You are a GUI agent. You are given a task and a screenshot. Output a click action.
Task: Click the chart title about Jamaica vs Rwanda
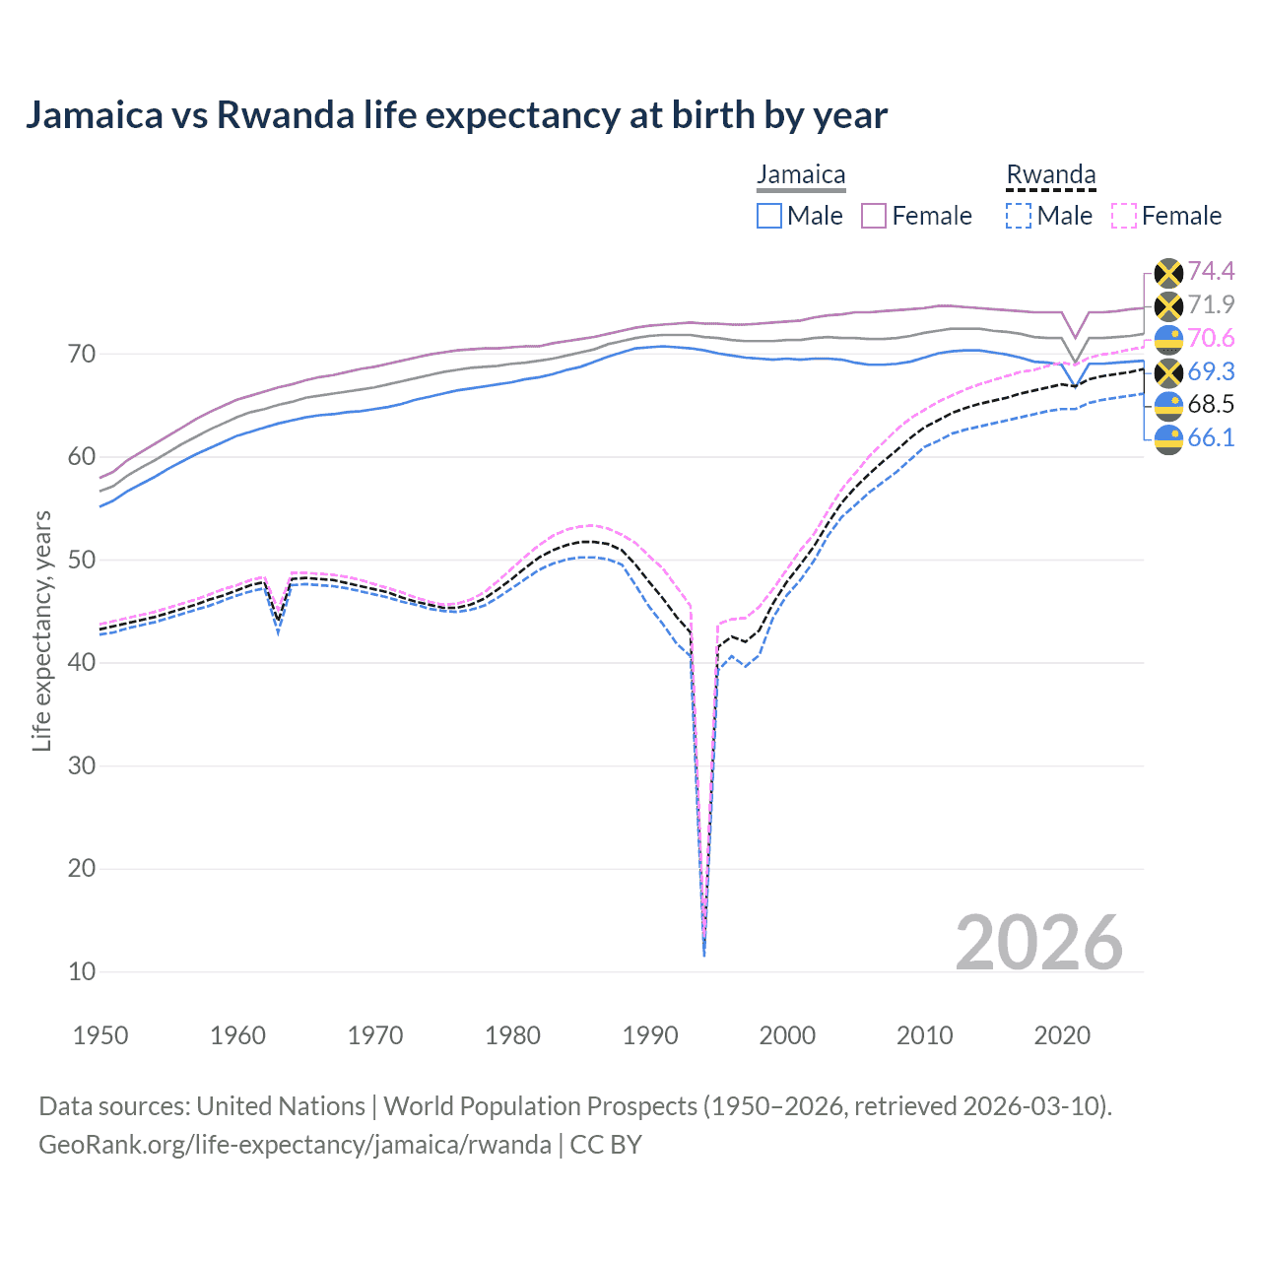456,115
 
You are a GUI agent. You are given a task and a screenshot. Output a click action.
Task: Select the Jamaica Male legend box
769,216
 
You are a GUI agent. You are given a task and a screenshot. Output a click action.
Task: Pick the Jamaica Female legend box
874,216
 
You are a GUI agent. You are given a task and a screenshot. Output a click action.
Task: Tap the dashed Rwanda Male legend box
1019,216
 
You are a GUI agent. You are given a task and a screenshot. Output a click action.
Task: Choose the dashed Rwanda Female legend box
1123,216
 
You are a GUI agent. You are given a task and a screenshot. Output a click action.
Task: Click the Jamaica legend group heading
801,175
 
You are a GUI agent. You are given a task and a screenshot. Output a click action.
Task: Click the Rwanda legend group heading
1050,175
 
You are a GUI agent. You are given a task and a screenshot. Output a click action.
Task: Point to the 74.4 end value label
1211,271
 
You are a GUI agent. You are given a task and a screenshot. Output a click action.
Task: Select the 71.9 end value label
1211,304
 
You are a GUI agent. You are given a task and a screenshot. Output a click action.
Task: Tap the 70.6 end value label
1211,338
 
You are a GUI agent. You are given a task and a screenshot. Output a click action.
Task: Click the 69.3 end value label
1211,371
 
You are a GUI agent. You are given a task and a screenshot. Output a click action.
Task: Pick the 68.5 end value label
1211,404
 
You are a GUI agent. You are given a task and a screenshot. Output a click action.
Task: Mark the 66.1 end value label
1211,437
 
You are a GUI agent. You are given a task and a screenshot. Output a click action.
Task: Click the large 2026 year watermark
1038,943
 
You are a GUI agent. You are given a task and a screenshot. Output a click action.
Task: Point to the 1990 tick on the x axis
650,1035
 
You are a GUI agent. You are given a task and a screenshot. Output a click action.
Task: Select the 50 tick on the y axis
82,560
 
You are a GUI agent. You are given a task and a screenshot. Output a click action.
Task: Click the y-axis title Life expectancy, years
41,630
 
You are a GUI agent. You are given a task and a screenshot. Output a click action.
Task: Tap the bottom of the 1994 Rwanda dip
703,954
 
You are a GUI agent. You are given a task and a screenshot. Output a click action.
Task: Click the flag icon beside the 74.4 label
1168,272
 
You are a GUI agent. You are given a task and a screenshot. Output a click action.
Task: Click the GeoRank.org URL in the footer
295,1145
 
